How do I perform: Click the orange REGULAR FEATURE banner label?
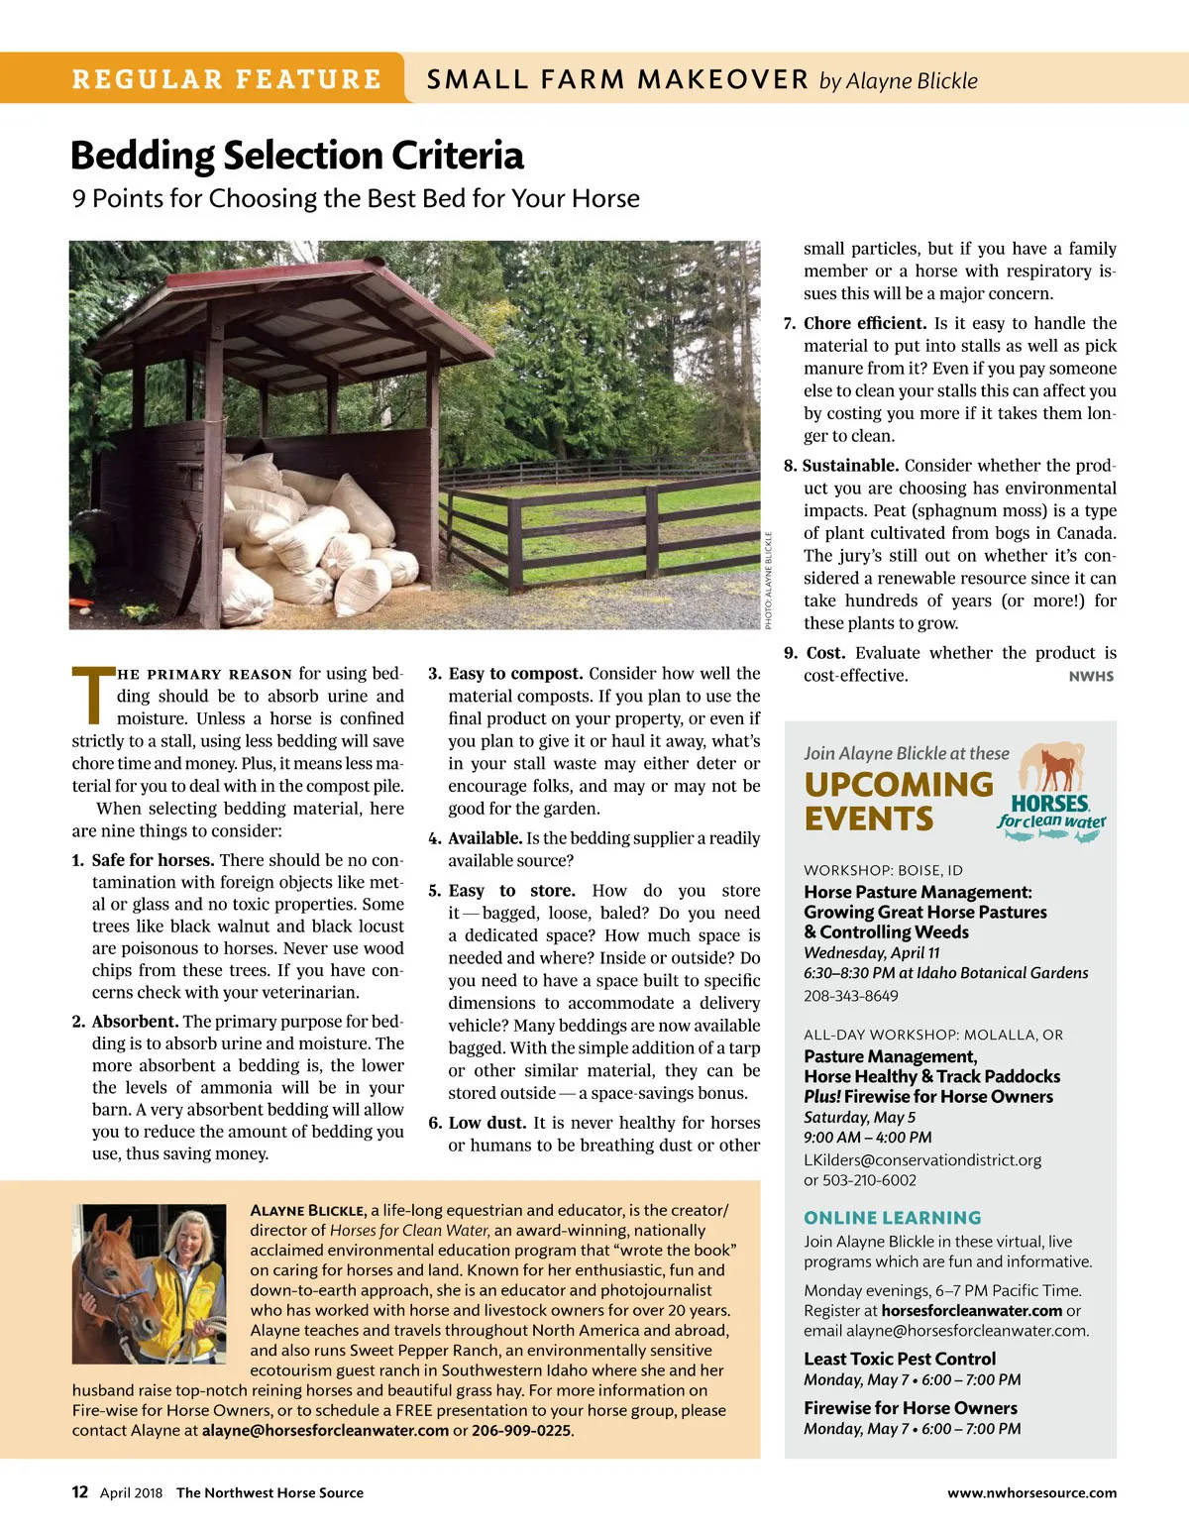click(226, 79)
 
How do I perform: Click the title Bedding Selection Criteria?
click(297, 156)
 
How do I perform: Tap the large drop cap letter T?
click(93, 696)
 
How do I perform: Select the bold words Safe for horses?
click(153, 860)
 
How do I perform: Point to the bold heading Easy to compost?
click(515, 674)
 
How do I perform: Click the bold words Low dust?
click(486, 1123)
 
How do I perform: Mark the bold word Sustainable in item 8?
click(850, 466)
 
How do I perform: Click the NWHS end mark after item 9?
click(1091, 677)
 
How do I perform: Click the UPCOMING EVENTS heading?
click(898, 802)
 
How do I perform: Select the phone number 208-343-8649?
click(851, 996)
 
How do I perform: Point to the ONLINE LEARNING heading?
click(893, 1218)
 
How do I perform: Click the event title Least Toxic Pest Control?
click(900, 1359)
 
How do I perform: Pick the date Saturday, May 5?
click(859, 1117)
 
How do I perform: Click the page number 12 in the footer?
click(80, 1492)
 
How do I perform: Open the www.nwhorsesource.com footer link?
click(1031, 1493)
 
